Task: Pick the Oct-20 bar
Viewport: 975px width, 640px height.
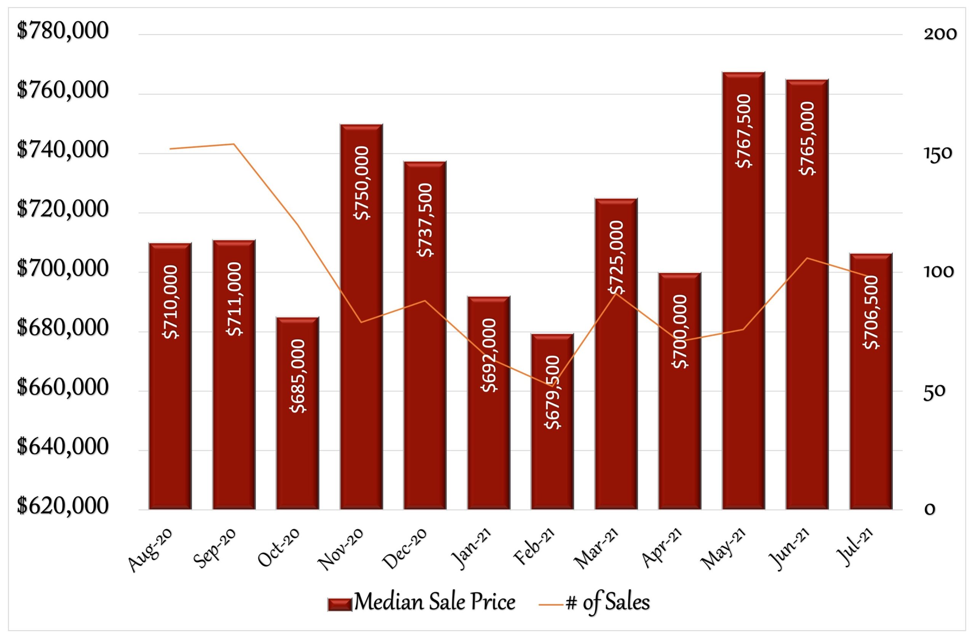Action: pos(297,450)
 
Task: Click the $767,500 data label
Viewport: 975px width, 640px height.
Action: pos(744,131)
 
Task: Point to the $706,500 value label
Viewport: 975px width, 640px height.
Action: pos(871,312)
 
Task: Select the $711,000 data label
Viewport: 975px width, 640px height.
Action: pos(234,299)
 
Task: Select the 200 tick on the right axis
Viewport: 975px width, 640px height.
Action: pos(940,34)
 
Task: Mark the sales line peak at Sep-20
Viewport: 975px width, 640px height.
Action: pos(233,144)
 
